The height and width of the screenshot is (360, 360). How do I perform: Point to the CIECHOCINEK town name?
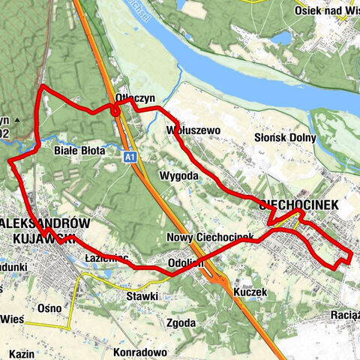[298, 204]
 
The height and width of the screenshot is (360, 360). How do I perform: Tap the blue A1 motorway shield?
[130, 156]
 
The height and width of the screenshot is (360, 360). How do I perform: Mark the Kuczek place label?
[250, 290]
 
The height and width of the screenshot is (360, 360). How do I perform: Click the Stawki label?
[142, 296]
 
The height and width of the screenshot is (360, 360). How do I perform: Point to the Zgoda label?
[181, 323]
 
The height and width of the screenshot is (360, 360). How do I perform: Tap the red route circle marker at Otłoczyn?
[116, 112]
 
